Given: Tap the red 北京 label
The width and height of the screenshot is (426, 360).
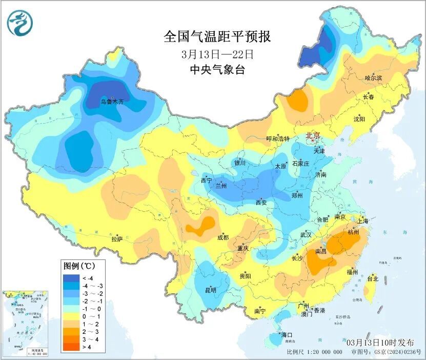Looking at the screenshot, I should pos(313,136).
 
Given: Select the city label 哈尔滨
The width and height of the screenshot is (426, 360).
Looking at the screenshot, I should pos(373,78).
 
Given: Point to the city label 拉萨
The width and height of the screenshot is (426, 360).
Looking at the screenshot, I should pos(117,238).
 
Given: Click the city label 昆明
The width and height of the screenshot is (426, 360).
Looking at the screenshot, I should pos(211,290).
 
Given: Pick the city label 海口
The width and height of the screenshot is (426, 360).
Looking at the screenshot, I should pos(287,335).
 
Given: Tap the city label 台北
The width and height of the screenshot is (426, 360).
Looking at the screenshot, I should pos(373,279).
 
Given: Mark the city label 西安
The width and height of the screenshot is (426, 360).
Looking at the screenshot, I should pos(261,203).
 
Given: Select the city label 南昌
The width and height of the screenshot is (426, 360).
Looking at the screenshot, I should pos(321,251).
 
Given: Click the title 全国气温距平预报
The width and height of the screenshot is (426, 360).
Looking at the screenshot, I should pos(217,36).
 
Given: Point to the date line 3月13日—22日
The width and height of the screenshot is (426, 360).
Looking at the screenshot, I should pos(217,54).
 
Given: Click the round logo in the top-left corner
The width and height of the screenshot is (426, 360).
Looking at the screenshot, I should pos(19,23).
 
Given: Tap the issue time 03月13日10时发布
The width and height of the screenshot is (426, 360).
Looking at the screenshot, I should pos(383,342).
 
